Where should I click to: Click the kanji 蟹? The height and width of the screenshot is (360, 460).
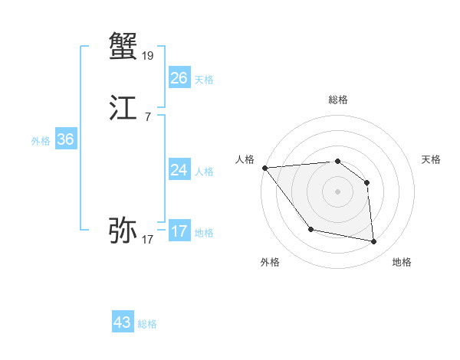pyautogui.click(x=123, y=46)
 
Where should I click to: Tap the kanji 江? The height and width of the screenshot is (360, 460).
pyautogui.click(x=123, y=108)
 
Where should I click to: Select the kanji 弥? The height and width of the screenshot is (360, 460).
pyautogui.click(x=123, y=230)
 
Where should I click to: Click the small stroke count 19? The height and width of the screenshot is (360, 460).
pyautogui.click(x=147, y=55)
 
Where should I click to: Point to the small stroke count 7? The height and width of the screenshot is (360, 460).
pyautogui.click(x=147, y=116)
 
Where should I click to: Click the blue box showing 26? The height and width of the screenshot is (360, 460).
pyautogui.click(x=179, y=78)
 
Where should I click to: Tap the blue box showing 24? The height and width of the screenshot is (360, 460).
pyautogui.click(x=179, y=170)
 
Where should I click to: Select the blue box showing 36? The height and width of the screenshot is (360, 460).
pyautogui.click(x=65, y=139)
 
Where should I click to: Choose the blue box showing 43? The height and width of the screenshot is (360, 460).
pyautogui.click(x=123, y=322)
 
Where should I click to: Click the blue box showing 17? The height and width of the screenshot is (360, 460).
pyautogui.click(x=179, y=231)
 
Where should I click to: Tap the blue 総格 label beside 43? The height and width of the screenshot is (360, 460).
pyautogui.click(x=147, y=324)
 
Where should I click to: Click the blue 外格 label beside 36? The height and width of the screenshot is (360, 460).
pyautogui.click(x=41, y=141)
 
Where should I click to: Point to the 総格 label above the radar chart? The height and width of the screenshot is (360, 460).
pyautogui.click(x=337, y=100)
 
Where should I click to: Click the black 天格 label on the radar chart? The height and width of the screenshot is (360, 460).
pyautogui.click(x=432, y=159)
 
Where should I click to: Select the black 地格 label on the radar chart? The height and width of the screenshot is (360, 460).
pyautogui.click(x=402, y=262)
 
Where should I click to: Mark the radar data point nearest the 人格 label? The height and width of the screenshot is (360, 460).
pyautogui.click(x=264, y=168)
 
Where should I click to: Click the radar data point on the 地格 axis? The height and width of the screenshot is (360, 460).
pyautogui.click(x=374, y=241)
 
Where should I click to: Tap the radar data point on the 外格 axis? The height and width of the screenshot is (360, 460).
pyautogui.click(x=310, y=228)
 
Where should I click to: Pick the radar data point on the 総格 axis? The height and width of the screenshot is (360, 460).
pyautogui.click(x=337, y=162)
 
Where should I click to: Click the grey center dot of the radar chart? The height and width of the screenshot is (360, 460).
pyautogui.click(x=337, y=191)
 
